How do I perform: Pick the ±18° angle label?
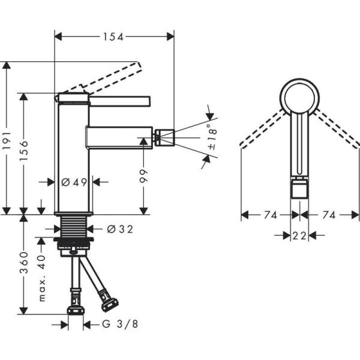(211, 137)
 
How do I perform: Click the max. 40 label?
(41, 277)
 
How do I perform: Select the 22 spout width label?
(300, 236)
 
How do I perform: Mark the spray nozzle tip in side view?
(165, 137)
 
